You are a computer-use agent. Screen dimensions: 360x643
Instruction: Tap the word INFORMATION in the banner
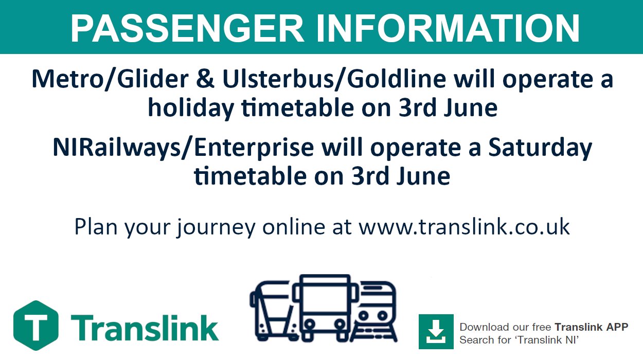coord(447,28)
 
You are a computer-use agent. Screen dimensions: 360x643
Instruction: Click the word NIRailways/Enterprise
coord(183,148)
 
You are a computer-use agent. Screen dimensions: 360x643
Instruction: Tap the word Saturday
coord(540,148)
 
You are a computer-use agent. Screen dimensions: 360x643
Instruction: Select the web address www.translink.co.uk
coord(464,227)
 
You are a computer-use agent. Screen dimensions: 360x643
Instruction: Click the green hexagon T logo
coord(35,325)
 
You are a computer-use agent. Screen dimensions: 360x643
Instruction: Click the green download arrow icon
coord(436,331)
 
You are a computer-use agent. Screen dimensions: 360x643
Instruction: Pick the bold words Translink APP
coord(591,327)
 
